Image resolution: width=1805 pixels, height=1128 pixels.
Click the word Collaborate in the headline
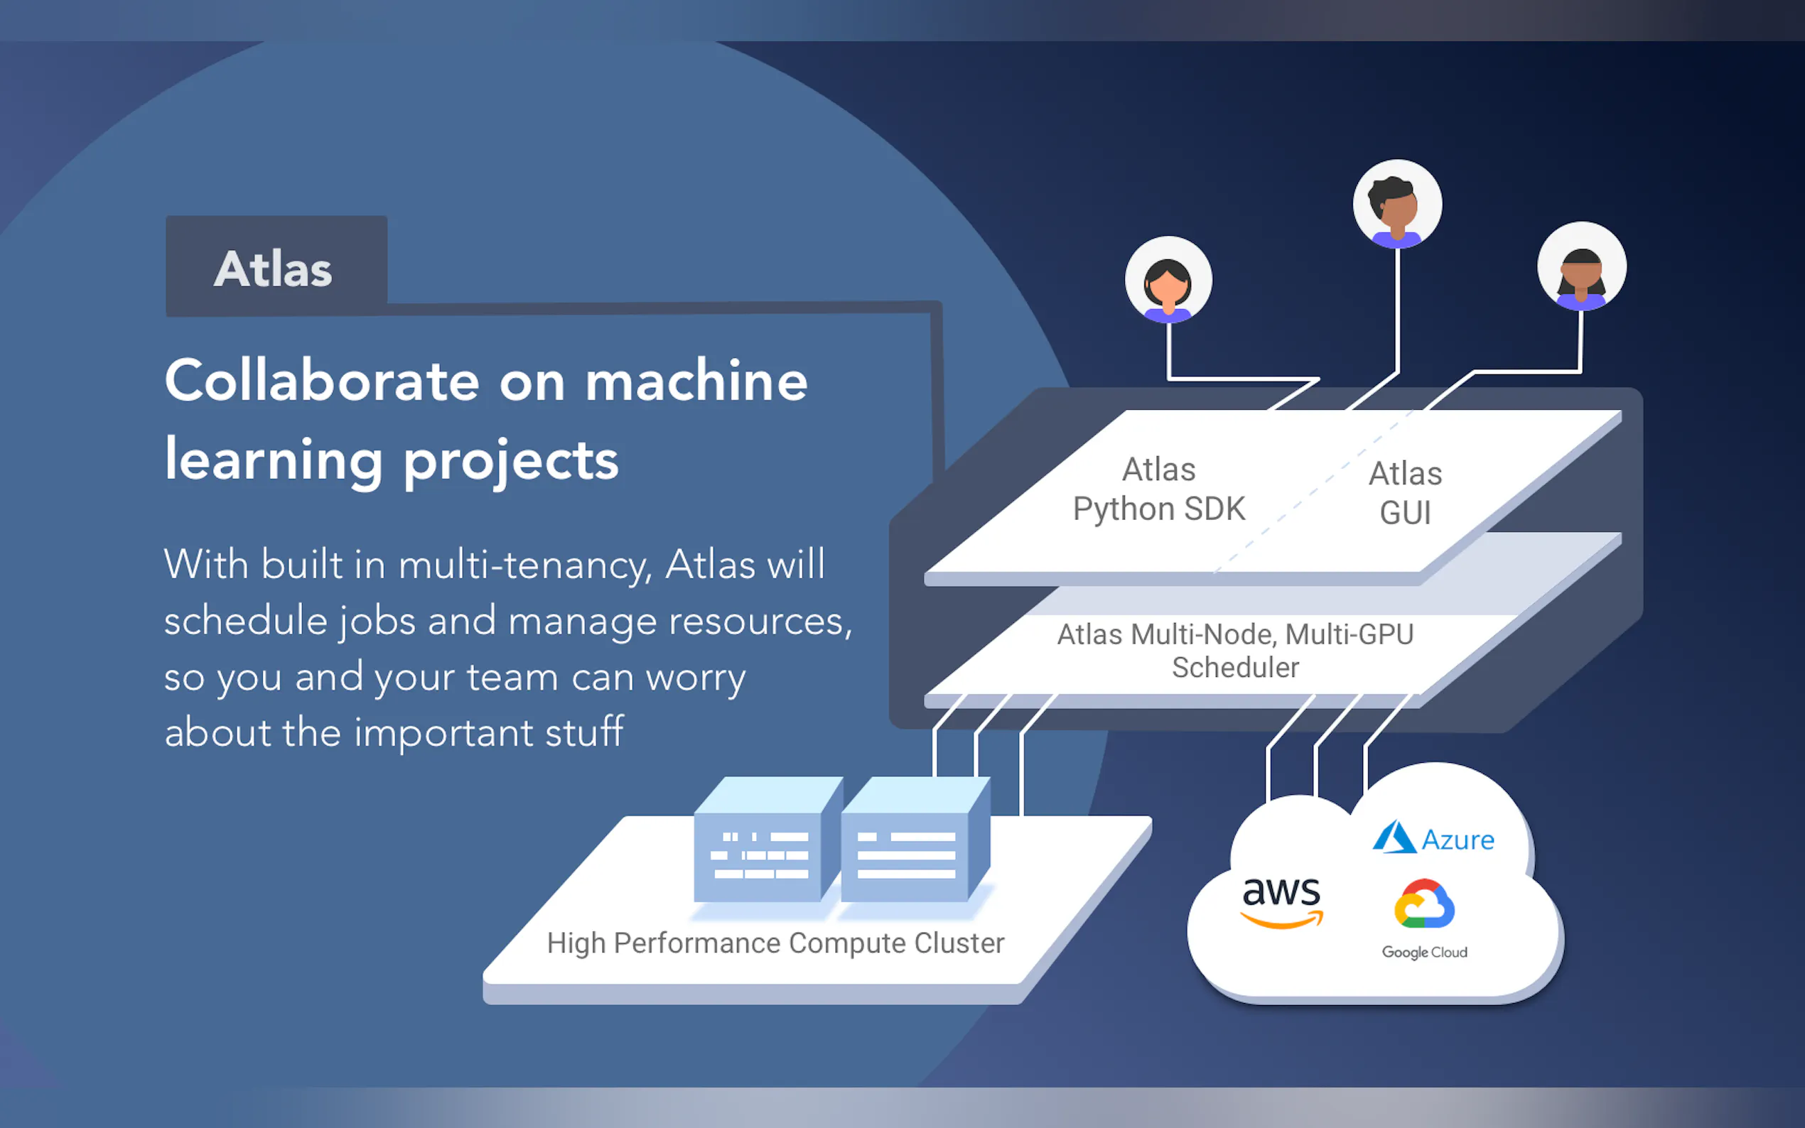322,381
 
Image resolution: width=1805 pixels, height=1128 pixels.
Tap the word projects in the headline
511,461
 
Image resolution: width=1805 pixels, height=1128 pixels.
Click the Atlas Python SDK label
1159,489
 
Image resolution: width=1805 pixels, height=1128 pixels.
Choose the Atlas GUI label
1405,493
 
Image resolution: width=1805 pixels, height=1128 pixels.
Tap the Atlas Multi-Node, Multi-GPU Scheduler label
1235,651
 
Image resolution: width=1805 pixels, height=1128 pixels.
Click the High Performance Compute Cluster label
775,943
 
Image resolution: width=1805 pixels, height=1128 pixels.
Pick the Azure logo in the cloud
1433,838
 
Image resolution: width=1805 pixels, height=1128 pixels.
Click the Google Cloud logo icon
1423,904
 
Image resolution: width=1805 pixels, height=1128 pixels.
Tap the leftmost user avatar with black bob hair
1168,281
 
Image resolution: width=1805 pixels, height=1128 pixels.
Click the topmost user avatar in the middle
1397,204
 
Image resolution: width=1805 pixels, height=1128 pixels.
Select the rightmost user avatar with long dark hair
1581,267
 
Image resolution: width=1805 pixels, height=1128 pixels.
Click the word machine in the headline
696,381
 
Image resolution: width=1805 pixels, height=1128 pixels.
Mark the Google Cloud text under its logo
1423,953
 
